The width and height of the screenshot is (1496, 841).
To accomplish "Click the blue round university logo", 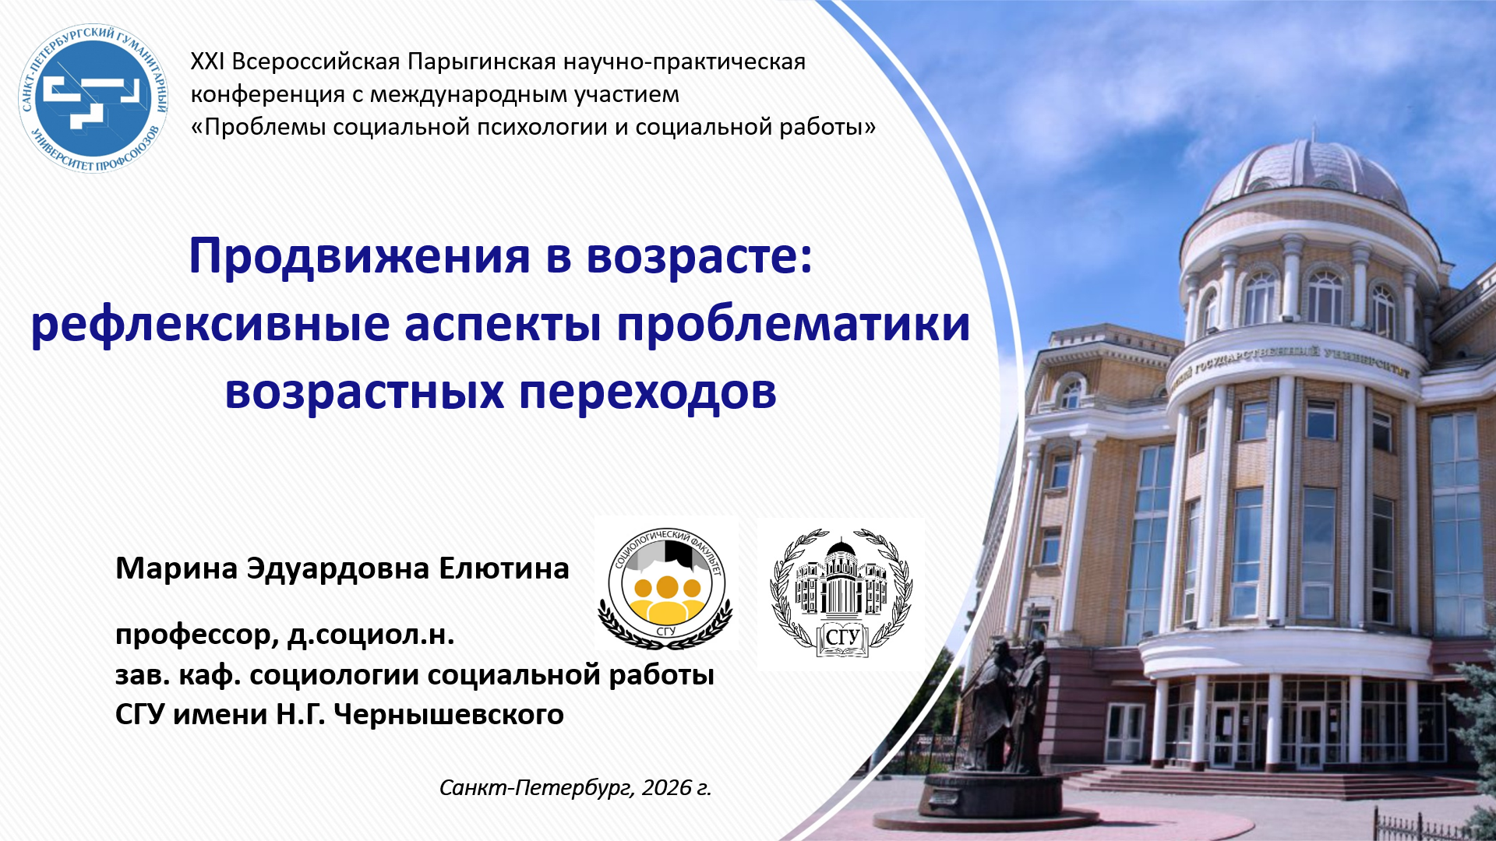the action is click(93, 97).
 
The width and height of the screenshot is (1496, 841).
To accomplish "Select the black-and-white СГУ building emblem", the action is click(841, 593).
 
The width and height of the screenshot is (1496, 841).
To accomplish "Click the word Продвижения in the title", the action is click(359, 256).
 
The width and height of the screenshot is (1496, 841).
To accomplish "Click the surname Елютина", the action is click(503, 568).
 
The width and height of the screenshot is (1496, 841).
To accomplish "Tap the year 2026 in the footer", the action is click(667, 787).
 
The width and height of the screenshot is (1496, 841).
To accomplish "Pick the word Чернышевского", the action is click(449, 714).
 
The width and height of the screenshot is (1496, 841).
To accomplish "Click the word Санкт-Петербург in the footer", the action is click(537, 788).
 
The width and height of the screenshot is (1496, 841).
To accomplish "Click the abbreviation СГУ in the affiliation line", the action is click(140, 714).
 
